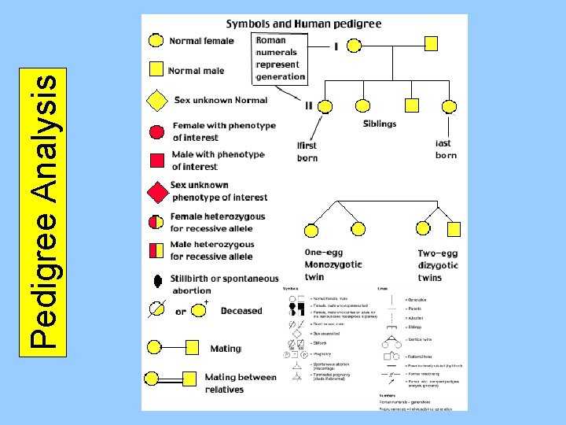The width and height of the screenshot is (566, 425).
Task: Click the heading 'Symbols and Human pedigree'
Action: click(303, 24)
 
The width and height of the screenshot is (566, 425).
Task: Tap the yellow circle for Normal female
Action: click(156, 41)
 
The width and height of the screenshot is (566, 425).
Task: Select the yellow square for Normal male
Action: click(156, 70)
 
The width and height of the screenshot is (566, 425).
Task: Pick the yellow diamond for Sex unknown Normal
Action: click(156, 101)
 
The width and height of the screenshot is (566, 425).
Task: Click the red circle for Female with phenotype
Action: click(156, 131)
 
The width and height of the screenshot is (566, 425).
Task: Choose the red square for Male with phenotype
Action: click(156, 161)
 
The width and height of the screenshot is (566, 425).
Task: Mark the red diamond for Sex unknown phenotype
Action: click(157, 191)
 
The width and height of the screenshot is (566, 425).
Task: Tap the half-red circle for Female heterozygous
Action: click(156, 221)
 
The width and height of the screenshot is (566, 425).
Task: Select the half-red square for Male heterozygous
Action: click(156, 250)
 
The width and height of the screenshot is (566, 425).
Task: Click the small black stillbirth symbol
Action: click(158, 280)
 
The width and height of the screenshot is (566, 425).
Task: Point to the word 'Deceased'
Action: click(241, 311)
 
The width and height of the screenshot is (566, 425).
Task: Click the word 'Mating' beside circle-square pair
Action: click(226, 349)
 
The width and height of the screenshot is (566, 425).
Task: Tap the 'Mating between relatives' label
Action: click(240, 382)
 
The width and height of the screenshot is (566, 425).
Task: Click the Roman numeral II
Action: click(309, 105)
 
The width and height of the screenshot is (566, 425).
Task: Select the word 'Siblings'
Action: click(380, 124)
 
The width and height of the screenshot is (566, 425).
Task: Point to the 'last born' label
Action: click(446, 149)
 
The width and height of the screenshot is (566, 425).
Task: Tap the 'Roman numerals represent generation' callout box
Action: click(280, 57)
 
